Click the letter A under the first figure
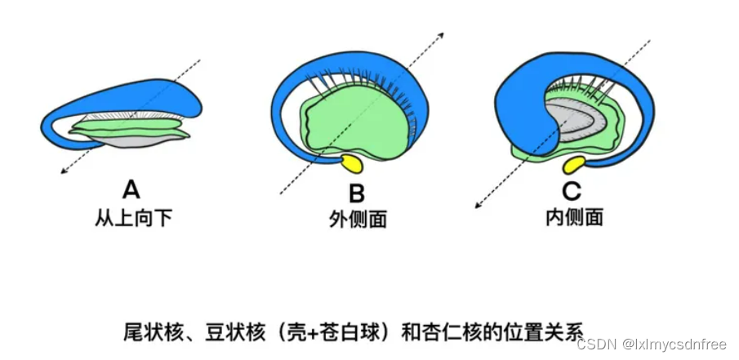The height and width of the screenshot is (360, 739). (x=131, y=190)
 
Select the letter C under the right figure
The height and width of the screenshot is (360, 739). (x=572, y=192)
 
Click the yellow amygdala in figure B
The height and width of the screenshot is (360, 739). (x=352, y=163)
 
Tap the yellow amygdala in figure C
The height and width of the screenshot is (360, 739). (x=574, y=166)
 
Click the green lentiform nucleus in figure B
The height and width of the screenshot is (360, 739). (x=351, y=127)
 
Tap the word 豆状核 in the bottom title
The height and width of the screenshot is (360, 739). (x=230, y=332)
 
